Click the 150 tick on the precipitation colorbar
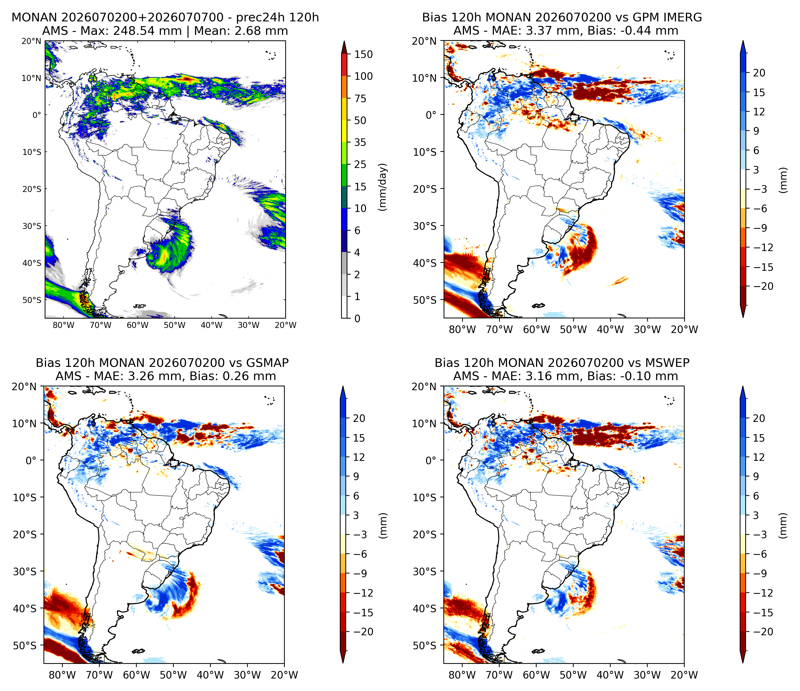click(x=364, y=55)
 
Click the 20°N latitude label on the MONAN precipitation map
click(x=31, y=41)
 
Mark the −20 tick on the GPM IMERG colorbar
click(x=763, y=286)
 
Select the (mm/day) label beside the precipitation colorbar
click(x=383, y=187)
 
